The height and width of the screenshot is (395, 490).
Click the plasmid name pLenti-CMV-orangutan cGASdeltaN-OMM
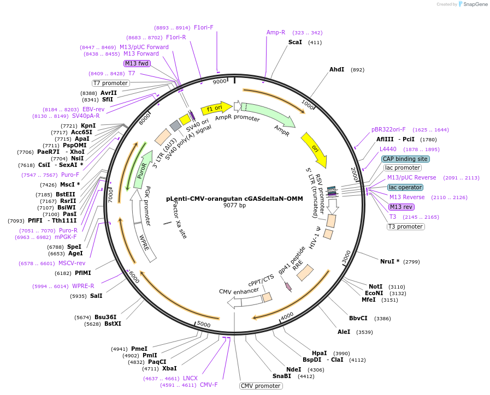point(234,199)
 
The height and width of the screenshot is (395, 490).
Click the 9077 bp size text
point(234,206)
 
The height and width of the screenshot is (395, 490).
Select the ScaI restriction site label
point(295,42)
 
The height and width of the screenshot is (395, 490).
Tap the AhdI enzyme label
point(336,69)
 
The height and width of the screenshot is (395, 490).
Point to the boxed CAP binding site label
point(405,159)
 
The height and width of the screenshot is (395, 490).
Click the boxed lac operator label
point(405,187)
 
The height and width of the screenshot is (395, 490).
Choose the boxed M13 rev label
point(401,207)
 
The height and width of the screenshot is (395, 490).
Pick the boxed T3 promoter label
point(405,226)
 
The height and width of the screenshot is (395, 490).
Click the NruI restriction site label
point(389,261)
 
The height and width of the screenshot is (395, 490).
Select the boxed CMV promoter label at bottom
point(260,386)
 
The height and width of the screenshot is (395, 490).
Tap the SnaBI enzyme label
point(282,376)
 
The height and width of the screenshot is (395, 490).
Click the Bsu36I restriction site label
point(105,317)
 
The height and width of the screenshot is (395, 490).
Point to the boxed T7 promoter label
point(110,83)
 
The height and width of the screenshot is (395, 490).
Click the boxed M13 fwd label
point(137,63)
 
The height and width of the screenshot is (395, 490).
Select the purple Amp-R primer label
point(276,33)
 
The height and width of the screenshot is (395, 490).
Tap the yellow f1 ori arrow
point(216,109)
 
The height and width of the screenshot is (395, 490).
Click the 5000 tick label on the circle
point(203,325)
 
